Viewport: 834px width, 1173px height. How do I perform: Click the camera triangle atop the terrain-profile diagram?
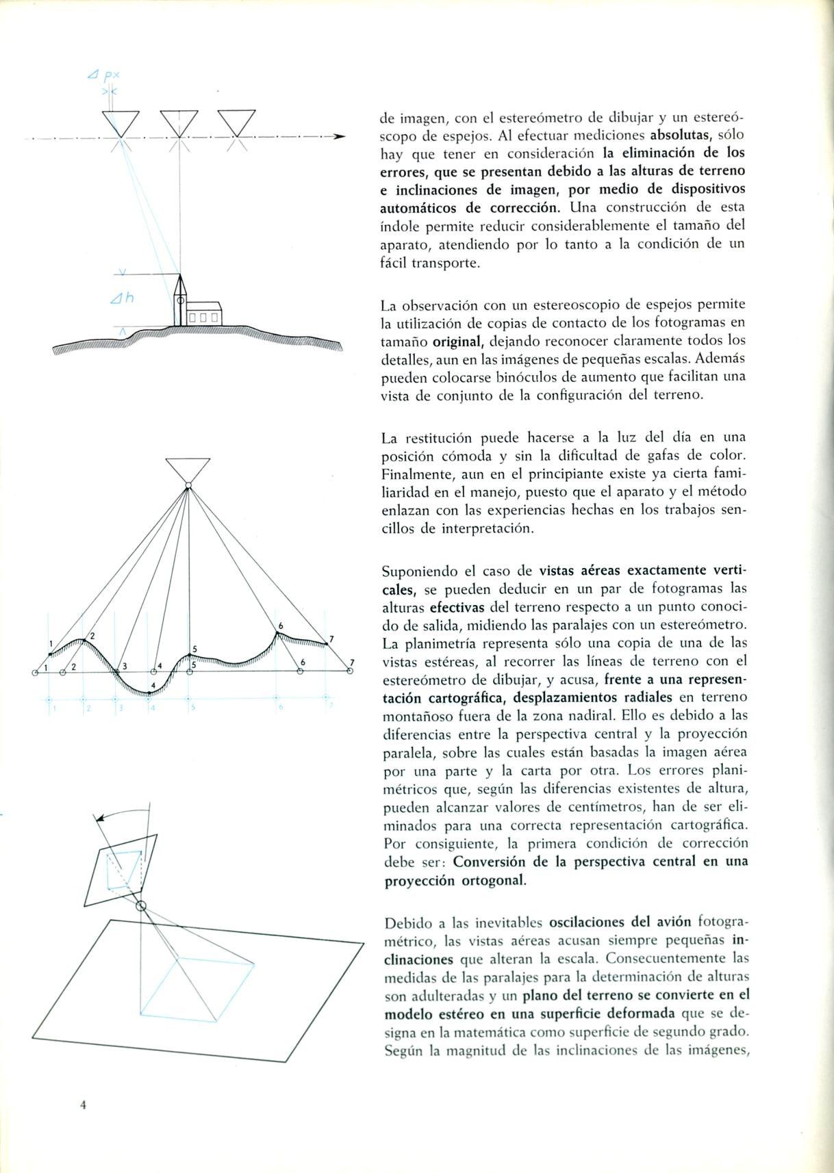(188, 469)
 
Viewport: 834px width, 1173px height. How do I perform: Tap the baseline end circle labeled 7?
(350, 671)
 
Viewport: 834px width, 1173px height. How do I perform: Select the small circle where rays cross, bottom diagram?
(141, 906)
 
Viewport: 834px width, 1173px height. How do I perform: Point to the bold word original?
(459, 341)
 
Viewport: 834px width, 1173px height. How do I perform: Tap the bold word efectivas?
(457, 607)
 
